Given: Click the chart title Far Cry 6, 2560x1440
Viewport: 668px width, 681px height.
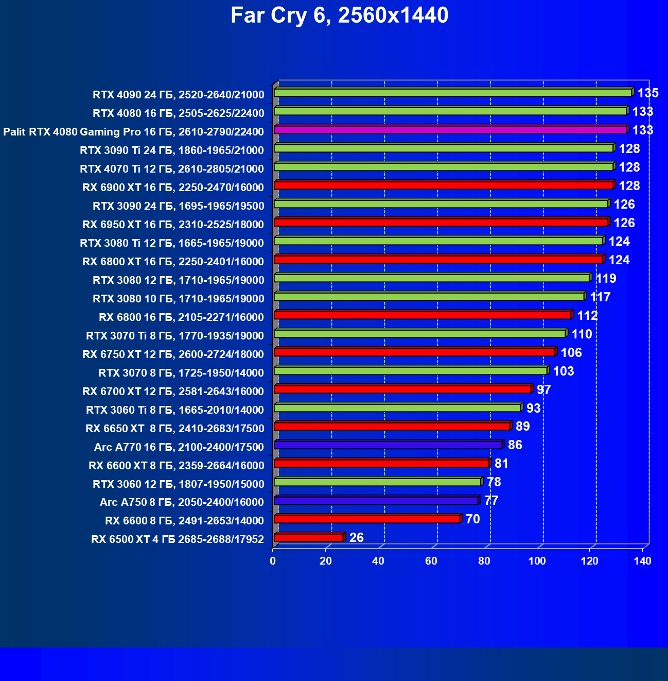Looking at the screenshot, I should point(339,15).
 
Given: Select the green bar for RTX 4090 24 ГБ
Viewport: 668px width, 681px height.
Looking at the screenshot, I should point(453,93).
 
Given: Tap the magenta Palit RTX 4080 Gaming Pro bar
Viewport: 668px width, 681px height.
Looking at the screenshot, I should point(450,130).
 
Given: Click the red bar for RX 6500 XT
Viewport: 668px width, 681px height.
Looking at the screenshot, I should point(309,538).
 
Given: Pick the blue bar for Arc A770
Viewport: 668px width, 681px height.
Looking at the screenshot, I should point(389,445).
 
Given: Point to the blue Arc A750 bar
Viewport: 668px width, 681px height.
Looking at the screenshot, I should point(376,501).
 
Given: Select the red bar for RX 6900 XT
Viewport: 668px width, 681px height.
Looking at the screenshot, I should point(444,185).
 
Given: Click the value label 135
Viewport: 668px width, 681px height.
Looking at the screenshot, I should point(648,93).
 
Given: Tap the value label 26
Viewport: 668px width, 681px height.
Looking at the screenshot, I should point(356,538).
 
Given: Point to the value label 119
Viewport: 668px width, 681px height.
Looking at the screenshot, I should point(606,279).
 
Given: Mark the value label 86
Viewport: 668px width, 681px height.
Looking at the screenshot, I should point(515,445).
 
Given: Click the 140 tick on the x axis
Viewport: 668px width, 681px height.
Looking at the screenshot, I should point(642,561).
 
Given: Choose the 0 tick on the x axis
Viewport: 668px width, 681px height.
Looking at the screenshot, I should point(273,561).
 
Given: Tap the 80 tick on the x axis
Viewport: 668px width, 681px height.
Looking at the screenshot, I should point(484,561).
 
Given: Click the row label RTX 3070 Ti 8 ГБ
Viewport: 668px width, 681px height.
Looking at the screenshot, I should point(175,336).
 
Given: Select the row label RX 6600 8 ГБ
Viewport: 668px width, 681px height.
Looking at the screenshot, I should point(184,521).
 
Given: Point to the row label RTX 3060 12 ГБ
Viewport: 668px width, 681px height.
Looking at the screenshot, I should point(178,484).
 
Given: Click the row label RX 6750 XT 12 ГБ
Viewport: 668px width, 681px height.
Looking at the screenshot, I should point(173,354).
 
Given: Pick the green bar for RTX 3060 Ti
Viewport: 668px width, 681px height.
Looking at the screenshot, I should point(398,408).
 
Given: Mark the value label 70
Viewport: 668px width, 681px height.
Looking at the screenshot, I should point(472,519).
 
